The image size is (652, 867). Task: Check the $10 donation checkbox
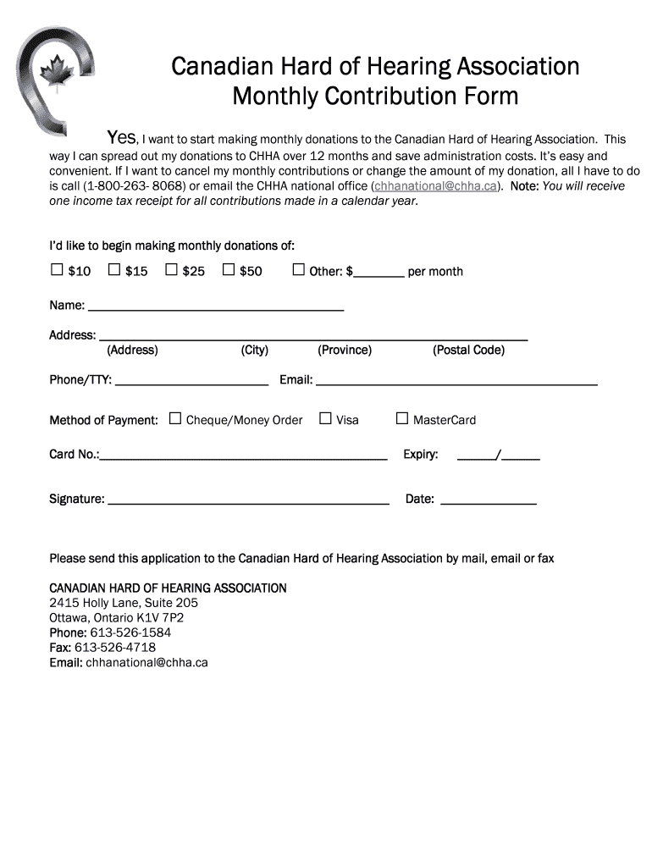[57, 270]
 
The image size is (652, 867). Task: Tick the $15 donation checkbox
[114, 270]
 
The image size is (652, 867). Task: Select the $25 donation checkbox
[171, 270]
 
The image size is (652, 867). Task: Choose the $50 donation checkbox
[228, 270]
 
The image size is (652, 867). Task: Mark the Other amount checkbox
[298, 270]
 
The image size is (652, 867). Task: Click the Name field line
[216, 306]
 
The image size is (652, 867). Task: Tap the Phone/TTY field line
[191, 382]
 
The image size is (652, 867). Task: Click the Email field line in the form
[456, 382]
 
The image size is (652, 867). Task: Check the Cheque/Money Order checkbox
[175, 418]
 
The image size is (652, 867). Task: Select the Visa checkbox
[325, 418]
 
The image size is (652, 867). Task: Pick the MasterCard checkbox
[402, 418]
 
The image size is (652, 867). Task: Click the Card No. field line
[243, 456]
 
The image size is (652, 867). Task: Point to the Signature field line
[248, 500]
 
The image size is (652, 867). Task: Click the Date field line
[489, 500]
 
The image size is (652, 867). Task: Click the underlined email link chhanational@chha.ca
[435, 186]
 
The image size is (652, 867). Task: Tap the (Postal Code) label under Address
[468, 351]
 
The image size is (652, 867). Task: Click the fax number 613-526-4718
[115, 648]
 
